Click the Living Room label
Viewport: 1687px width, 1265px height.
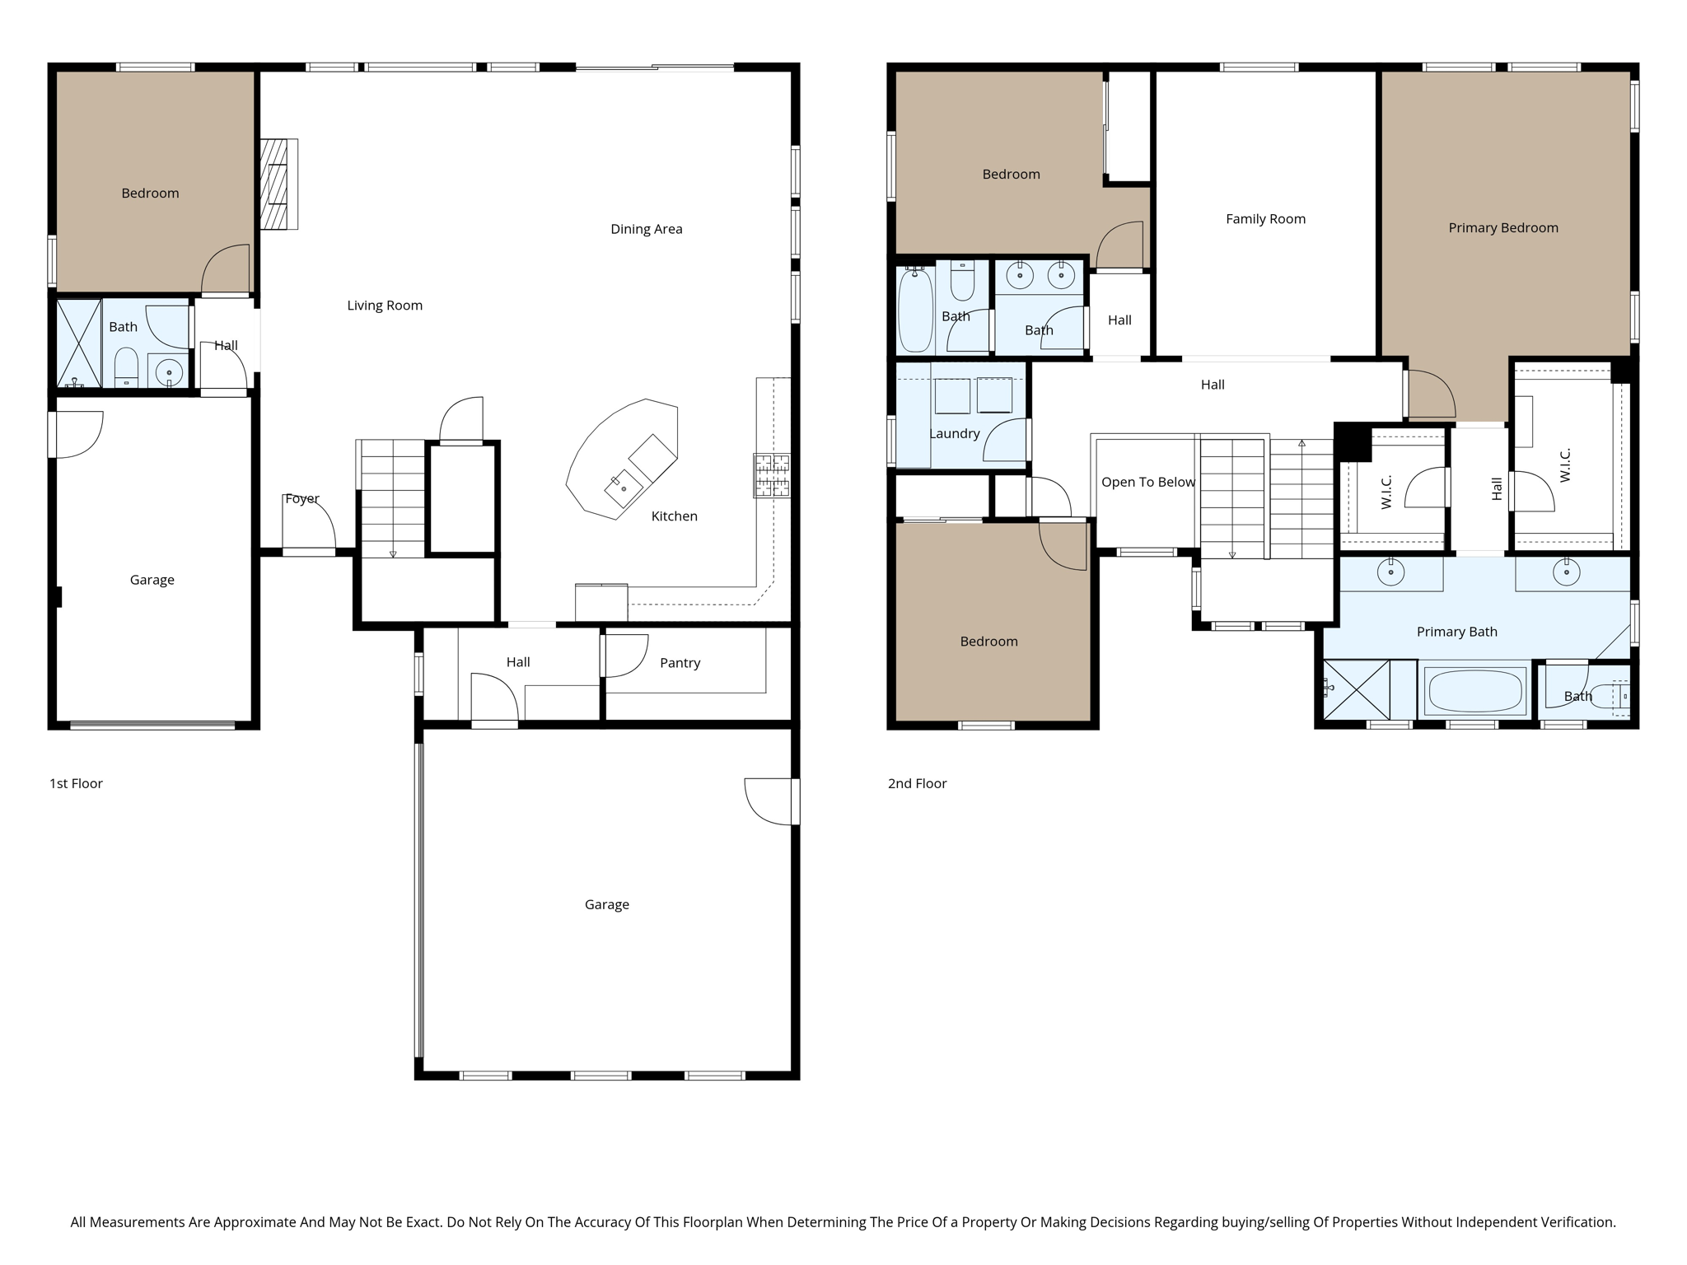tap(385, 306)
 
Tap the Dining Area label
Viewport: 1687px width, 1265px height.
tap(646, 229)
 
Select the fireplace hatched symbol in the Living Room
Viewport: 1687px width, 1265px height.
tap(275, 184)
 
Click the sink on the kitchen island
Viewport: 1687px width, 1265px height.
tap(624, 488)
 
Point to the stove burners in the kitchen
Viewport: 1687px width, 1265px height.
tap(771, 475)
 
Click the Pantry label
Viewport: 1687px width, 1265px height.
tap(680, 663)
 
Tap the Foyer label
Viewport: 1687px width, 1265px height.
tap(301, 499)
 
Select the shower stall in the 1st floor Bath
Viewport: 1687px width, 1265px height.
tap(78, 343)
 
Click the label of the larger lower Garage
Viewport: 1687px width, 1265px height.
tap(606, 904)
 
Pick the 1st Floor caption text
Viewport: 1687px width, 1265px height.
tap(76, 783)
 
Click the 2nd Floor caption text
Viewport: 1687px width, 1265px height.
tap(917, 783)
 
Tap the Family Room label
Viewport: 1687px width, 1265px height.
tap(1265, 219)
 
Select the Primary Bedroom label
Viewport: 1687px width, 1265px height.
tap(1502, 228)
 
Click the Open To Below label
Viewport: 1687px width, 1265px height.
tap(1147, 482)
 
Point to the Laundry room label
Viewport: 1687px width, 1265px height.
tap(954, 434)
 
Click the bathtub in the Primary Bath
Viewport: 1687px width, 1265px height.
tap(1474, 691)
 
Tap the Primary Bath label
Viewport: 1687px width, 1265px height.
tap(1456, 632)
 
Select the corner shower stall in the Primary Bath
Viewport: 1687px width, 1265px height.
tap(1355, 690)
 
